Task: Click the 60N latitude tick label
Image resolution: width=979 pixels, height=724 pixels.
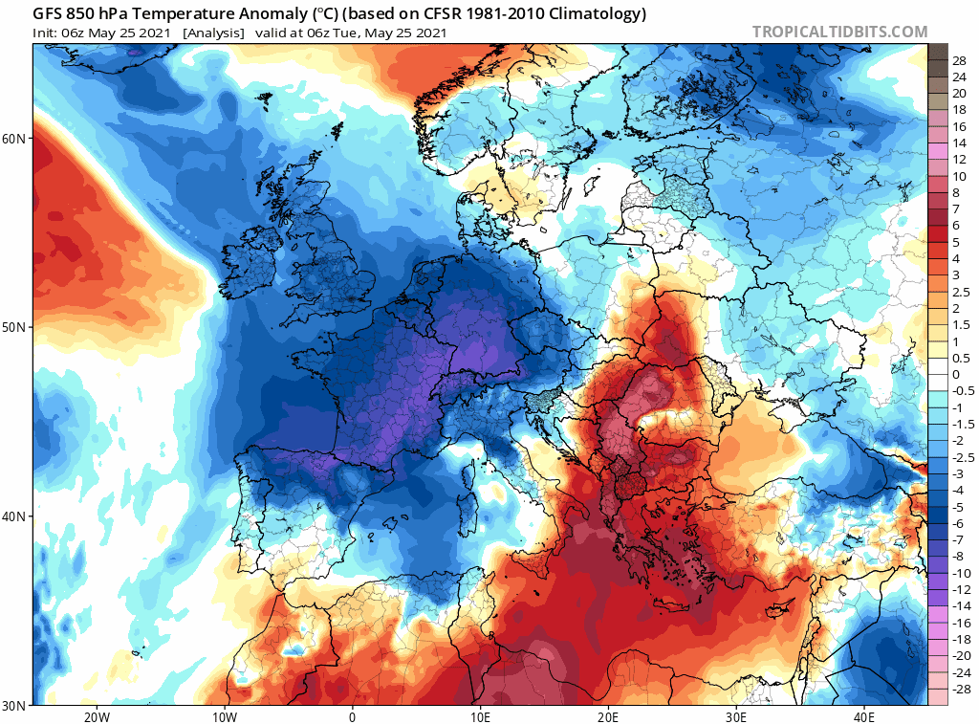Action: pos(14,138)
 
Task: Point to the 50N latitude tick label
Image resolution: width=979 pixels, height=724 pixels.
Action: pos(14,327)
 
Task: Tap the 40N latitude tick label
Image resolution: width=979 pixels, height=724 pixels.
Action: pos(14,516)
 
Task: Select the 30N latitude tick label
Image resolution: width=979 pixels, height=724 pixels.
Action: pos(14,706)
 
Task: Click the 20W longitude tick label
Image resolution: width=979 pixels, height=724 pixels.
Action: pos(95,716)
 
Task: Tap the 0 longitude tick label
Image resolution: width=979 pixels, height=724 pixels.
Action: pos(352,716)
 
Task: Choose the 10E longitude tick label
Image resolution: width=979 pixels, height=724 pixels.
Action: pos(480,716)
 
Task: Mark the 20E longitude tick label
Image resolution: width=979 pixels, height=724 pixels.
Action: pos(608,716)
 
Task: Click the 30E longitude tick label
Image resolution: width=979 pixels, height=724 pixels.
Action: pos(736,716)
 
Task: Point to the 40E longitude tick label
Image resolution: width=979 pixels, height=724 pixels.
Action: pos(864,716)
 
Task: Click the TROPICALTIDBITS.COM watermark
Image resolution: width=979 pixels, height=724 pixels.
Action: pos(839,32)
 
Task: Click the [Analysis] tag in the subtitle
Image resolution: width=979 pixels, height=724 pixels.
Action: pos(212,33)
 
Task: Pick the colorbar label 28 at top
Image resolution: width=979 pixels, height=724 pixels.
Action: pos(959,60)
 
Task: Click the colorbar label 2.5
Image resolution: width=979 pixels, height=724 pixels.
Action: pos(962,292)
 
